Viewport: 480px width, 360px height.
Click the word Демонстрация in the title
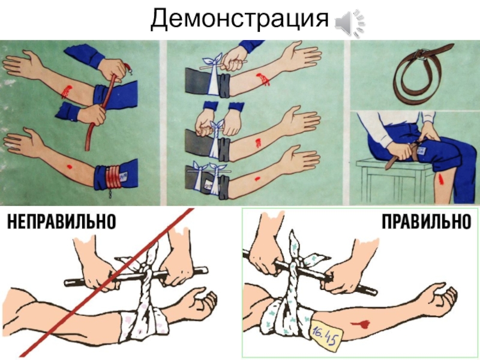[239, 19]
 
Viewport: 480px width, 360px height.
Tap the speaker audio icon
[350, 23]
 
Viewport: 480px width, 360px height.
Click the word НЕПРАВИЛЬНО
[62, 221]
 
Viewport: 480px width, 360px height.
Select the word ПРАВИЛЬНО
[427, 221]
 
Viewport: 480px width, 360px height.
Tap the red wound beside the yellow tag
[362, 324]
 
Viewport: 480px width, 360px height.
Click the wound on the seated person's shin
[441, 179]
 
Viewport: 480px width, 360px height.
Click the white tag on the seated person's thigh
[422, 152]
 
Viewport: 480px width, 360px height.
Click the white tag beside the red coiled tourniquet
[124, 176]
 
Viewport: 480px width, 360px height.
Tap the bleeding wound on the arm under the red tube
[66, 91]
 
